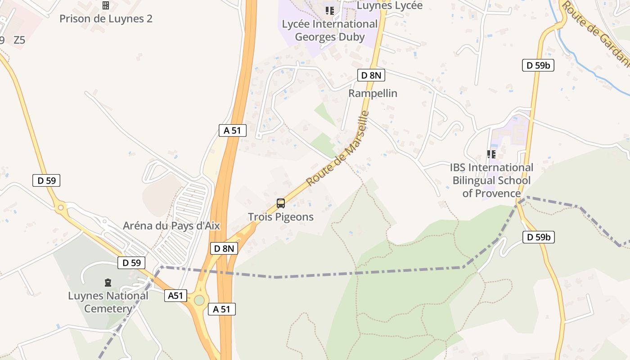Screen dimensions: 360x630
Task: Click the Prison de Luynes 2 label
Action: pyautogui.click(x=106, y=19)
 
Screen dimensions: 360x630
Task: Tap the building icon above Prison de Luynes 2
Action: pyautogui.click(x=106, y=5)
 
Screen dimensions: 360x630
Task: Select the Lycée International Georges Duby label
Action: pyautogui.click(x=330, y=30)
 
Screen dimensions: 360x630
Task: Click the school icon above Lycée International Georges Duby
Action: pyautogui.click(x=330, y=10)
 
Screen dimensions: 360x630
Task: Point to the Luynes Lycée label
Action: pyautogui.click(x=390, y=5)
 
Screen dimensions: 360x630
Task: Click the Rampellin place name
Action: pyautogui.click(x=373, y=94)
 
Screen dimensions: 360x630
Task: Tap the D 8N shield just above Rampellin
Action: pyautogui.click(x=371, y=75)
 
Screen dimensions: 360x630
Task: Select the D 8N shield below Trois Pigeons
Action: pyautogui.click(x=224, y=248)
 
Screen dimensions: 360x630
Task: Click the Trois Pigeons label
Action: pyautogui.click(x=281, y=217)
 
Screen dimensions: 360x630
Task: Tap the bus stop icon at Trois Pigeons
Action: pyautogui.click(x=281, y=203)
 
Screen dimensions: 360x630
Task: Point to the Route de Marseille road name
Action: pyautogui.click(x=337, y=148)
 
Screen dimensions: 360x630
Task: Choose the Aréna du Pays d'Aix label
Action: pyautogui.click(x=171, y=226)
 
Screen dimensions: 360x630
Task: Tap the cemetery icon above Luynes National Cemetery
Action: pyautogui.click(x=108, y=283)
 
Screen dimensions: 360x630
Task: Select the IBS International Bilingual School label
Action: pyautogui.click(x=491, y=180)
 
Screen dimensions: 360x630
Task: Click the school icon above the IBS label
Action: pyautogui.click(x=491, y=154)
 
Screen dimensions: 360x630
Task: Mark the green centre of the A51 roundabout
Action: pyautogui.click(x=199, y=300)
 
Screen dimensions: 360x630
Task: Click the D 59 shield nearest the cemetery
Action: pyautogui.click(x=131, y=263)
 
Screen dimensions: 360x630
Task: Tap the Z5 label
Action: pyautogui.click(x=19, y=40)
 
